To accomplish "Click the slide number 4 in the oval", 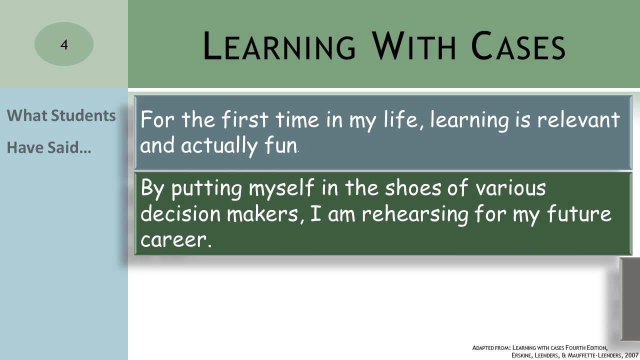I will pyautogui.click(x=64, y=45).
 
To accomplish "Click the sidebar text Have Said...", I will pyautogui.click(x=48, y=148).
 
